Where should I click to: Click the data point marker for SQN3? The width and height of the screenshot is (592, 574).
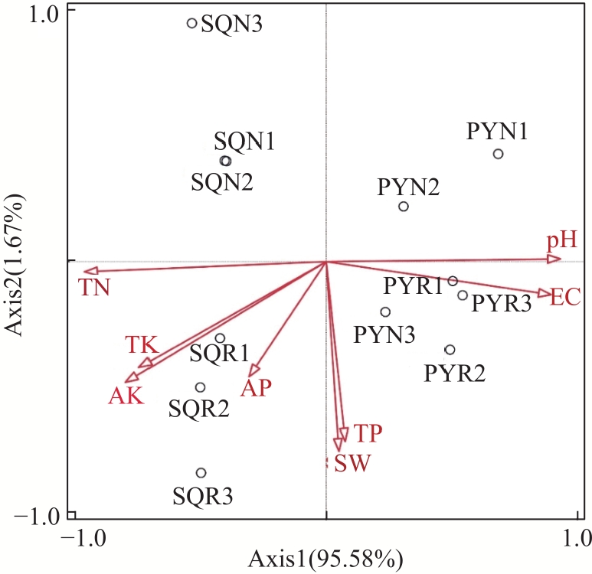pyautogui.click(x=192, y=24)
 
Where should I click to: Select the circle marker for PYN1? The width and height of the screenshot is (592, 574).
pyautogui.click(x=498, y=154)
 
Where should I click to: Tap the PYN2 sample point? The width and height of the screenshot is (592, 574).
pyautogui.click(x=404, y=207)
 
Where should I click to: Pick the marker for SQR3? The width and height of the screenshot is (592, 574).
pyautogui.click(x=201, y=473)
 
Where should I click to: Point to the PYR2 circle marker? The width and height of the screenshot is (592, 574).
pyautogui.click(x=450, y=350)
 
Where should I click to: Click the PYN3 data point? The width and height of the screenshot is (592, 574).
pyautogui.click(x=385, y=311)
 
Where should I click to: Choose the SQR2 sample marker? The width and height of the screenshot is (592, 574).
pyautogui.click(x=201, y=387)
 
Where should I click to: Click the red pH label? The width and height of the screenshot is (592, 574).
pyautogui.click(x=561, y=242)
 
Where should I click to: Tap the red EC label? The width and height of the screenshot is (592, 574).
pyautogui.click(x=565, y=297)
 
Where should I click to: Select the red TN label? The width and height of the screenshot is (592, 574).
pyautogui.click(x=95, y=288)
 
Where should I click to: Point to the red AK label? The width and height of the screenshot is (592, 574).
pyautogui.click(x=126, y=396)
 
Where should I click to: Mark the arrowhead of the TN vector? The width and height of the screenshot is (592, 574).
pyautogui.click(x=89, y=270)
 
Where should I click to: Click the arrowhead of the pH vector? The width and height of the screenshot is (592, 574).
pyautogui.click(x=555, y=259)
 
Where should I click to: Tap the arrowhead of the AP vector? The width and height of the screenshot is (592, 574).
pyautogui.click(x=255, y=371)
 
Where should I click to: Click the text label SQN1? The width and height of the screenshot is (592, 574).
pyautogui.click(x=244, y=141)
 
